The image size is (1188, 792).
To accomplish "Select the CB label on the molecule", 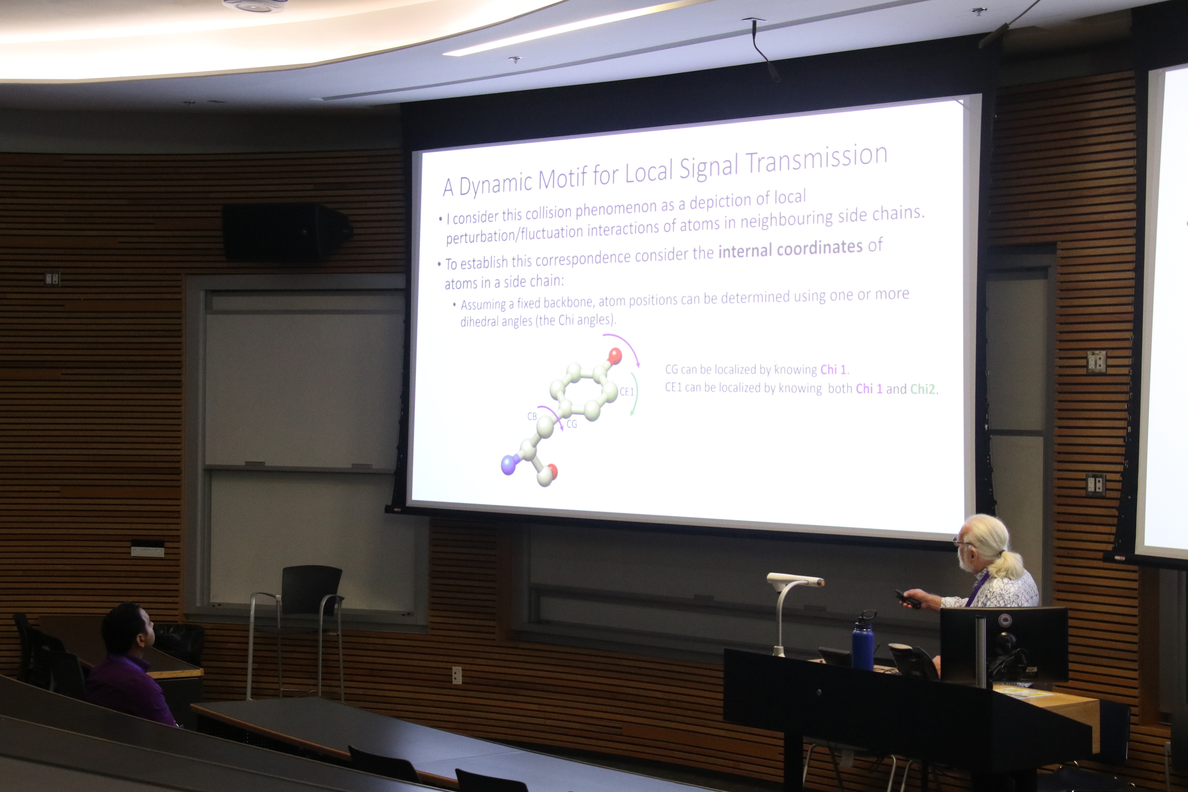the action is point(532,416).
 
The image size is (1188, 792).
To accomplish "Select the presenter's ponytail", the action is point(1005,563).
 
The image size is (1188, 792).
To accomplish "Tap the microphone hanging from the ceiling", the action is point(765,50).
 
